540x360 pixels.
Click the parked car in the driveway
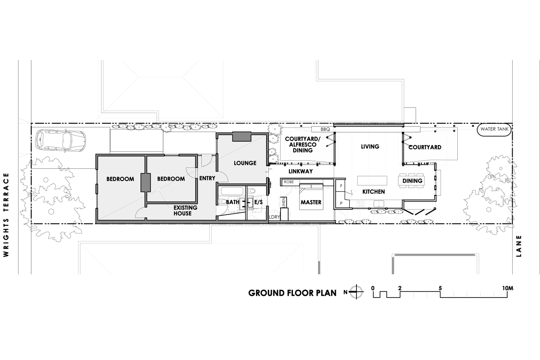(60, 141)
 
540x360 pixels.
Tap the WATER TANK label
(494, 129)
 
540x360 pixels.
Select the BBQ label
(325, 130)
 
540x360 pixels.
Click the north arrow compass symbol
(356, 292)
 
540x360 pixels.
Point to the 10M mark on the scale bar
(508, 288)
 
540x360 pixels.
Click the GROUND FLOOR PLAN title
(292, 293)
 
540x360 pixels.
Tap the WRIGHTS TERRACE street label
(6, 215)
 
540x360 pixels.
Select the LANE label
(519, 246)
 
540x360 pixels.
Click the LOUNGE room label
(245, 163)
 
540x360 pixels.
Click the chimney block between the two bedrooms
(146, 182)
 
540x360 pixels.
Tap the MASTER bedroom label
(311, 202)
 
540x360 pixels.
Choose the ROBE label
(289, 182)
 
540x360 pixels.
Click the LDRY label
(274, 217)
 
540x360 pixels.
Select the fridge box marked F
(340, 186)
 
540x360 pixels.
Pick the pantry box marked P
(341, 203)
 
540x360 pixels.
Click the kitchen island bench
(372, 181)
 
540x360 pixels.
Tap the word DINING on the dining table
(412, 181)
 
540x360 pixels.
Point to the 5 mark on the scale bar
(440, 288)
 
